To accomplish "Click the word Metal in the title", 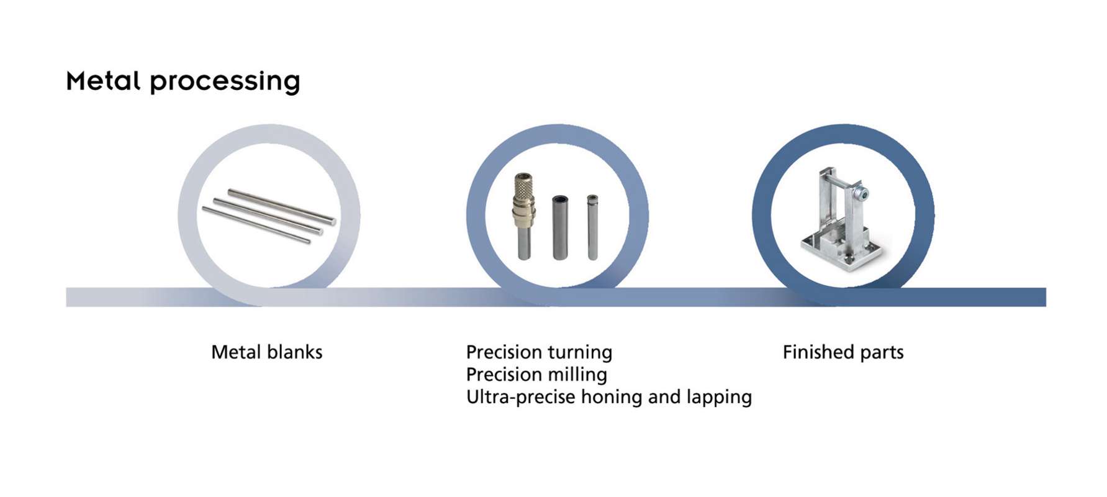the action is (x=103, y=81).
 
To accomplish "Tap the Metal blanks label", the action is (x=267, y=352).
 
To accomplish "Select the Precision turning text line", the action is (x=539, y=353).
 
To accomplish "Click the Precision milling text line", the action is (x=536, y=375).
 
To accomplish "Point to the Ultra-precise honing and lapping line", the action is (x=609, y=397).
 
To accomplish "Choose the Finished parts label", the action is (x=843, y=352).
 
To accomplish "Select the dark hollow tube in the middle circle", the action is (x=560, y=227).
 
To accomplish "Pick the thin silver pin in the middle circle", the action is (x=592, y=227).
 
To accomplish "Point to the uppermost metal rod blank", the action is (x=282, y=206).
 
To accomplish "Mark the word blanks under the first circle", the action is (x=293, y=352).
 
